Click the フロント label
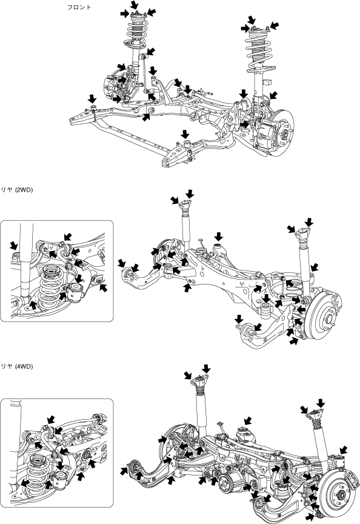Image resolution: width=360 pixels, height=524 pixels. pyautogui.click(x=79, y=7)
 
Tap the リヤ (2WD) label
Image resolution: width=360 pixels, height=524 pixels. pyautogui.click(x=17, y=190)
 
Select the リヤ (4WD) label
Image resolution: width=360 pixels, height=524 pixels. pyautogui.click(x=17, y=366)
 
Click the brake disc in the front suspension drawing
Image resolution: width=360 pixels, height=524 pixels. pyautogui.click(x=284, y=133)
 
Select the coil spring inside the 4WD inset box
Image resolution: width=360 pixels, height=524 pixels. pyautogui.click(x=39, y=474)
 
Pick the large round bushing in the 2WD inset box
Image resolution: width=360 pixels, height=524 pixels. pyautogui.click(x=76, y=292)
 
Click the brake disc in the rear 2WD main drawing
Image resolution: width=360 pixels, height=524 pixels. pyautogui.click(x=324, y=315)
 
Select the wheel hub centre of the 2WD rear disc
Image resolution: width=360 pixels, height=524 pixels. pyautogui.click(x=329, y=316)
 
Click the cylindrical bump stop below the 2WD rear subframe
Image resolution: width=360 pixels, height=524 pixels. pyautogui.click(x=266, y=310)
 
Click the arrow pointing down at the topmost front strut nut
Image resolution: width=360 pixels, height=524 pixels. pyautogui.click(x=135, y=5)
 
